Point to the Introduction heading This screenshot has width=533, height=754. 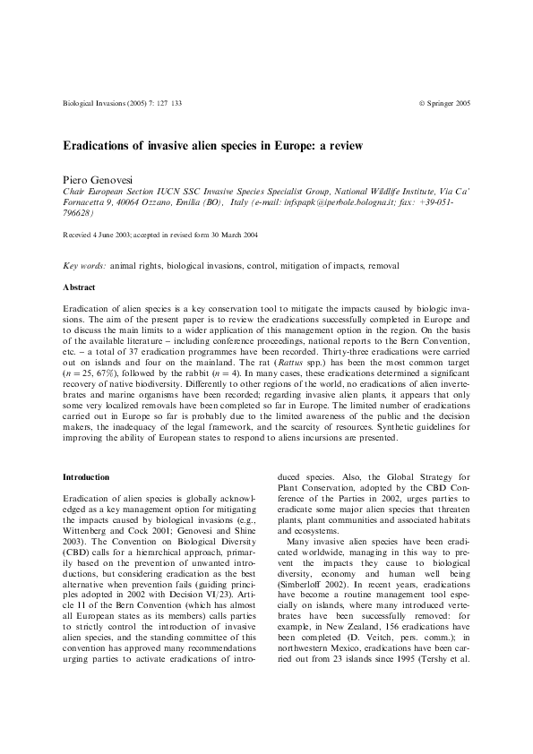click(86, 477)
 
